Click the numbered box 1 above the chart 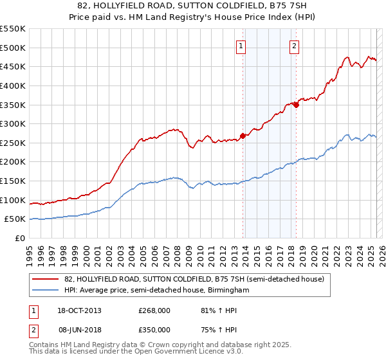point(241,46)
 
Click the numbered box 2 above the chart point(294,46)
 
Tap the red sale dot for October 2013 point(243,136)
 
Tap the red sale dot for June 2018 point(296,105)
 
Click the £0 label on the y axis point(21,238)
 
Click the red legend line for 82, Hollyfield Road point(46,279)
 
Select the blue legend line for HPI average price point(46,291)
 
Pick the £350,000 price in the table point(154,329)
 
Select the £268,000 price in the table point(154,310)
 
